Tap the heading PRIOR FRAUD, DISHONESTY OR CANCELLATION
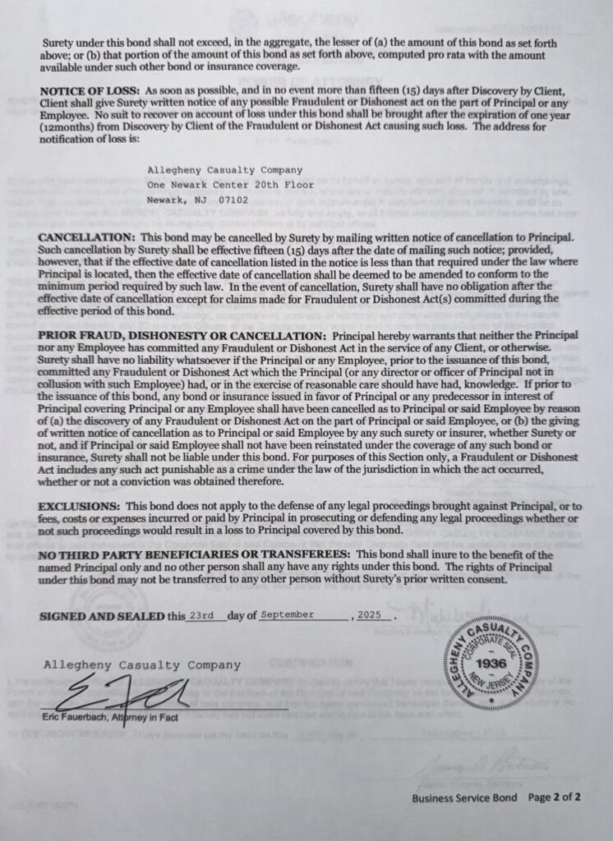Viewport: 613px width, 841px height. coord(180,337)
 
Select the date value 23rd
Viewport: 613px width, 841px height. coord(203,614)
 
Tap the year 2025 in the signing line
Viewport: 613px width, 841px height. coord(375,614)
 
